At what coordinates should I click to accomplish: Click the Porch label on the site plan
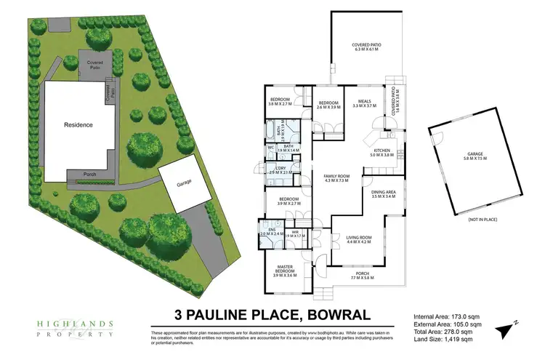tap(90, 174)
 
